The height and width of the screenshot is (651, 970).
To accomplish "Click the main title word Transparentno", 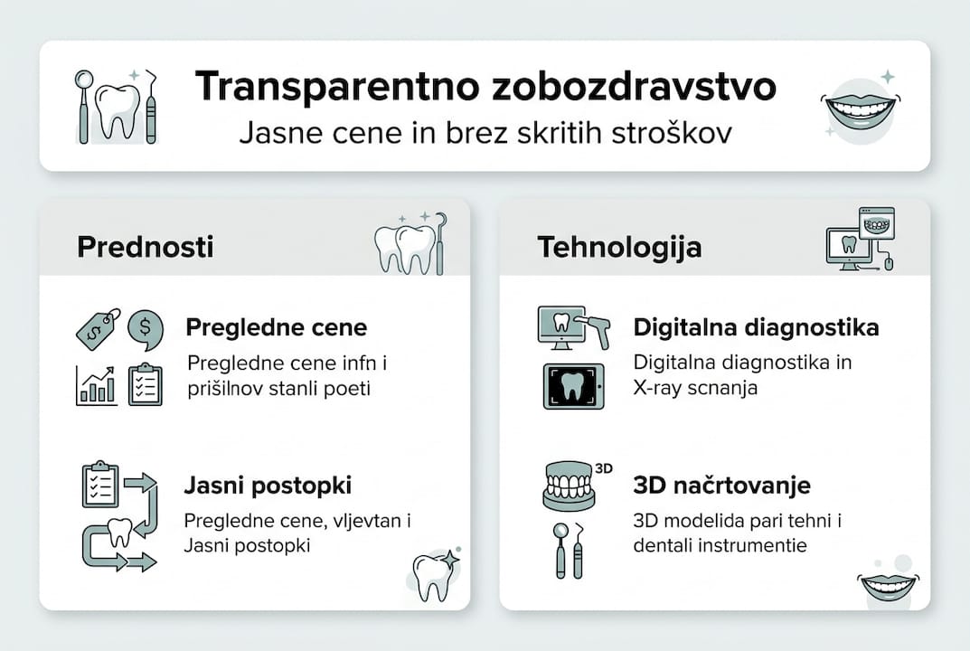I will (318, 88).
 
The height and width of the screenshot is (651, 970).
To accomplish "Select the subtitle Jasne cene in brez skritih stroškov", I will (485, 133).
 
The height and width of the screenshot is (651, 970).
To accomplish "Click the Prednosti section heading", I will (146, 247).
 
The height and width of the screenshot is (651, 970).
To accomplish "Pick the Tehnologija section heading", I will (619, 247).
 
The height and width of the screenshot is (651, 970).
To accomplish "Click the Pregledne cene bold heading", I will (276, 327).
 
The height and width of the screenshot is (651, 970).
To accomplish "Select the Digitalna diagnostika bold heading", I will (756, 327).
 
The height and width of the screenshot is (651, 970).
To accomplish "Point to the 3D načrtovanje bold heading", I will (721, 486).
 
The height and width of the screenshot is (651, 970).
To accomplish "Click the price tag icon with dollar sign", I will (98, 329).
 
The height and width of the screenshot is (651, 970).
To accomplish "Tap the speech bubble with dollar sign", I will (146, 329).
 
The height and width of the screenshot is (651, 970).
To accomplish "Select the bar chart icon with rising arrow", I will (96, 385).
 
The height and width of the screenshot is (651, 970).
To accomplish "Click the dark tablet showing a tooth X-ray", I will (572, 387).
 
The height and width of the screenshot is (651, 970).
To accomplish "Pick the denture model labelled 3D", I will (570, 487).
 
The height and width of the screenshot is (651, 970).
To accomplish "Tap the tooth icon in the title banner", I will (118, 110).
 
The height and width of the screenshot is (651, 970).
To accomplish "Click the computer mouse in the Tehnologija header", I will (889, 263).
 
